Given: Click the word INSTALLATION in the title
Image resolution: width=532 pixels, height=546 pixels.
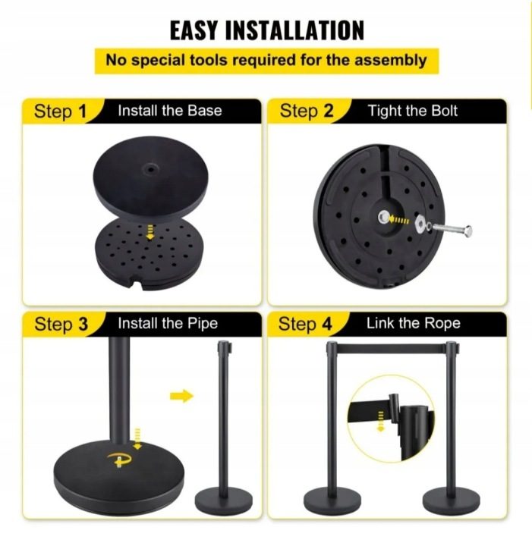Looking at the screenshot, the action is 294,30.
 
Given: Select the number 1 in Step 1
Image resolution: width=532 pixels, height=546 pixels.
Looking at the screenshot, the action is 82,111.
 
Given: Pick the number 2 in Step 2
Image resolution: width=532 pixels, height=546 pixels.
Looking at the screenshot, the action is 328,111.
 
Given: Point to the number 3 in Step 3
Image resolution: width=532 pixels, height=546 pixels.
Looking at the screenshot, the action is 83,324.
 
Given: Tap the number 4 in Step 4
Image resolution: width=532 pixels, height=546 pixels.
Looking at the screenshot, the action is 327,324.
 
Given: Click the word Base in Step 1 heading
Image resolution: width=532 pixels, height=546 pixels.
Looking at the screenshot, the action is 204,111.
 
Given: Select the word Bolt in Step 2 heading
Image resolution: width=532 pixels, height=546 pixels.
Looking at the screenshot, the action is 444,111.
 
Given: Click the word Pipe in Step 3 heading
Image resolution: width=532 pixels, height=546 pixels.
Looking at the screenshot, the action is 203,324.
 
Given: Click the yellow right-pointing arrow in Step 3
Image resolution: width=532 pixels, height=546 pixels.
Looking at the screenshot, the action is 181,396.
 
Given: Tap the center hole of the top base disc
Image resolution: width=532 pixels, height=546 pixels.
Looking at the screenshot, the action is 150,170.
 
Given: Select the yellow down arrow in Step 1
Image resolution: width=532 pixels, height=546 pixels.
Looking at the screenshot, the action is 150,232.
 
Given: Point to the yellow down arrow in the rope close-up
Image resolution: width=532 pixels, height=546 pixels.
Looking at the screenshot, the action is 381,422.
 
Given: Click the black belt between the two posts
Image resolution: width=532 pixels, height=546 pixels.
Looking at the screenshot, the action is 391,349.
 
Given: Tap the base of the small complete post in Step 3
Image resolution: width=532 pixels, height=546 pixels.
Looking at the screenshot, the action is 223,502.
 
